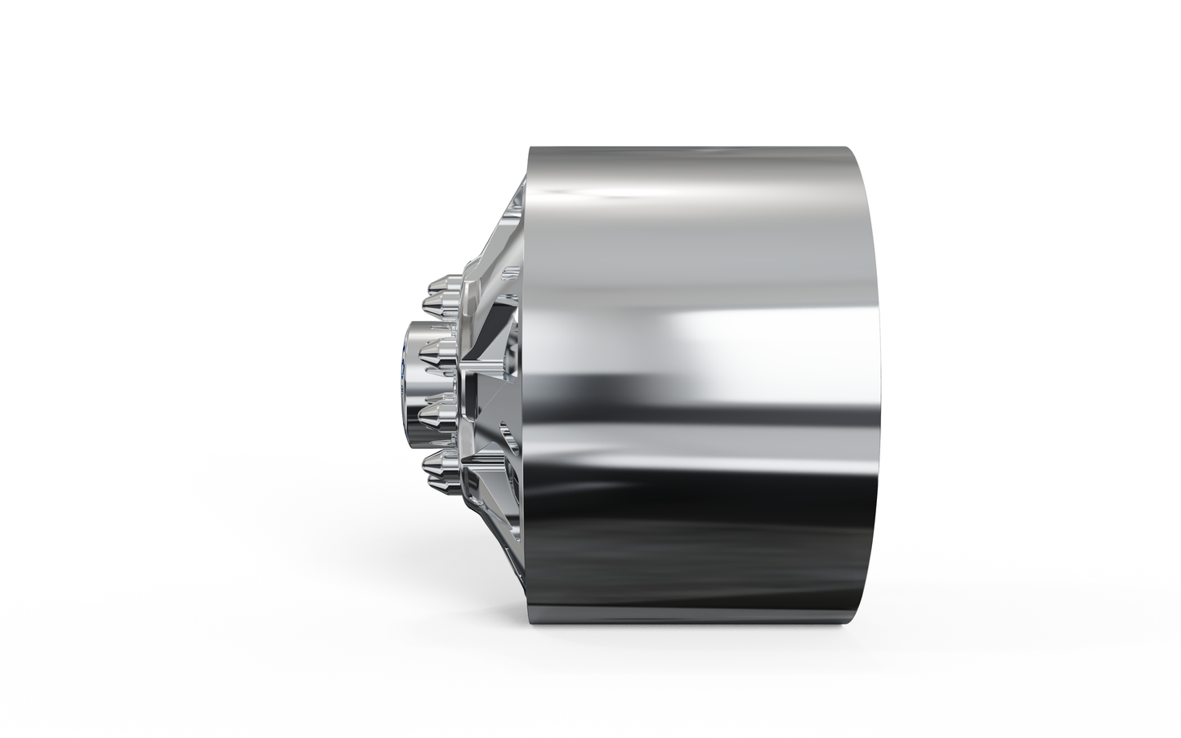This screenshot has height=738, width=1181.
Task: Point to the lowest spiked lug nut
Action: (x=440, y=467)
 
